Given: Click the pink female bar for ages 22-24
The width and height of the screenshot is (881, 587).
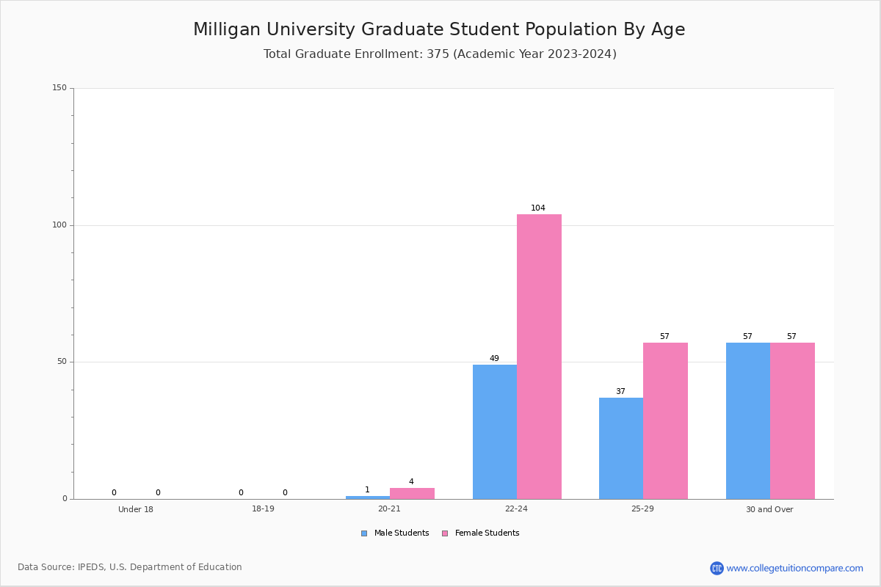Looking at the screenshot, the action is pyautogui.click(x=539, y=357).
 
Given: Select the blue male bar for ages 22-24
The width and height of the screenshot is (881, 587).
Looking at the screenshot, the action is pyautogui.click(x=495, y=432).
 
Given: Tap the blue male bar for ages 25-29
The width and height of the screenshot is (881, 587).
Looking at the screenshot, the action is pyautogui.click(x=621, y=448).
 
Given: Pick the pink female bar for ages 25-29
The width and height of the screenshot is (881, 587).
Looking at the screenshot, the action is pyautogui.click(x=665, y=421).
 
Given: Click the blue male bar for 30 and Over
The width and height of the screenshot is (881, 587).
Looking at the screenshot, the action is pyautogui.click(x=748, y=421).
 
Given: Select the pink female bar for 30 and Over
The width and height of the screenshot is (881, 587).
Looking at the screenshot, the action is pyautogui.click(x=792, y=421).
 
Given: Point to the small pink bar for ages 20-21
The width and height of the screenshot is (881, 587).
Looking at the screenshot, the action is pyautogui.click(x=412, y=493).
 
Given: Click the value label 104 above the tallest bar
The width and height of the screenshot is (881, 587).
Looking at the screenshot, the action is pyautogui.click(x=538, y=208).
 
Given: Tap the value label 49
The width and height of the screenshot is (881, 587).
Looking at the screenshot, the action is pyautogui.click(x=494, y=358).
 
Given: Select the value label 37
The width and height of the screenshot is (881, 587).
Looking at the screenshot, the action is pyautogui.click(x=620, y=391).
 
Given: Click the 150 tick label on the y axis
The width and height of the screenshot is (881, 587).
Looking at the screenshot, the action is pyautogui.click(x=59, y=87).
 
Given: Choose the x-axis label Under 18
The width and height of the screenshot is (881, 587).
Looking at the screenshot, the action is pyautogui.click(x=136, y=509).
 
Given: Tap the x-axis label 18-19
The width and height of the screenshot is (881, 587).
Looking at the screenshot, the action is pyautogui.click(x=263, y=508).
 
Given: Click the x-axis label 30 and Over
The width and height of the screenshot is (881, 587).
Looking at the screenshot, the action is pyautogui.click(x=769, y=509).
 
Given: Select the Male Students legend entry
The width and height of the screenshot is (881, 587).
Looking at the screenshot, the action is pyautogui.click(x=395, y=533).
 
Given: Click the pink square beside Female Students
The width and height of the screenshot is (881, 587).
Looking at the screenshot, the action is pyautogui.click(x=445, y=533).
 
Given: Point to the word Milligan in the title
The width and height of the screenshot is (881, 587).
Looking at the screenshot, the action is pyautogui.click(x=227, y=30).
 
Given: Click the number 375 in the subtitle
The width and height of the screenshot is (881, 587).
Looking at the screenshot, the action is pyautogui.click(x=438, y=54).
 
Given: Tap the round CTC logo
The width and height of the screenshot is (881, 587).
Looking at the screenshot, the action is pyautogui.click(x=717, y=568).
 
